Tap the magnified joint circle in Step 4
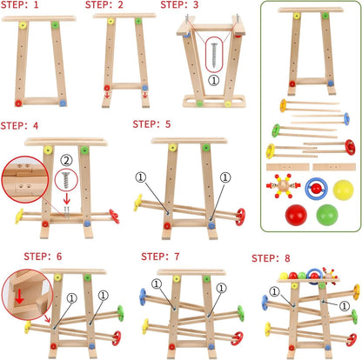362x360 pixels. tap(24, 182)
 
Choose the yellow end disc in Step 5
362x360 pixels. tap(137, 203)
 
